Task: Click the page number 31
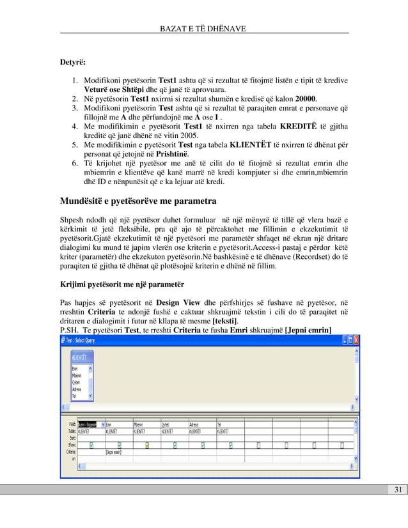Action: (x=397, y=490)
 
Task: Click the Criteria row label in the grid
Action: (x=68, y=451)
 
